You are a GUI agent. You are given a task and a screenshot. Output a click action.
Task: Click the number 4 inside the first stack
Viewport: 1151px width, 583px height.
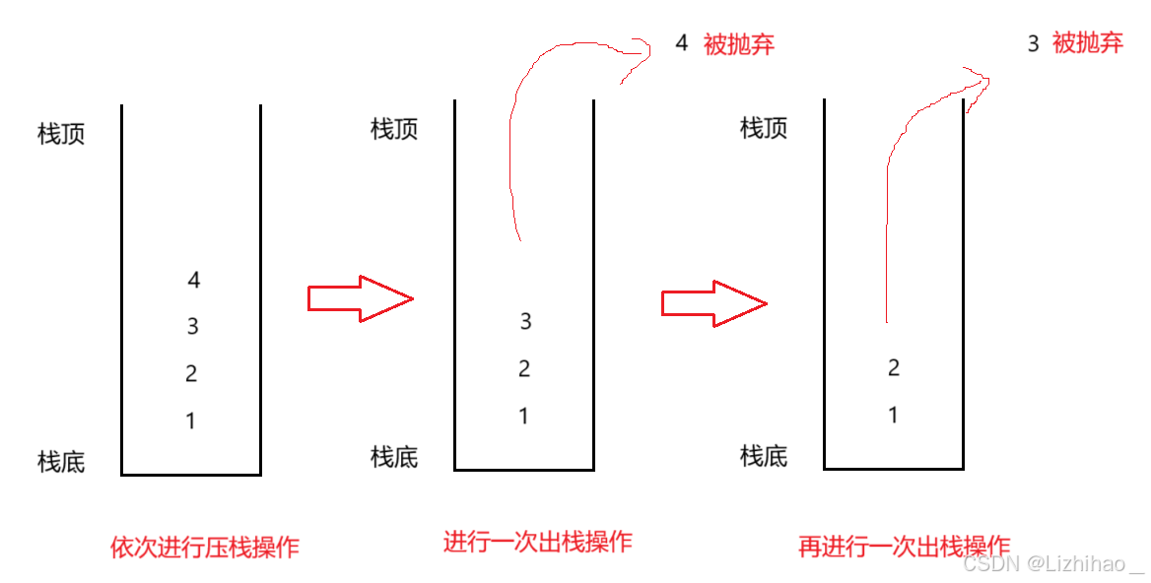point(194,280)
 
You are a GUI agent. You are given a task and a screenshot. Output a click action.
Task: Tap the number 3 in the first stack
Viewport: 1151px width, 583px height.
point(193,326)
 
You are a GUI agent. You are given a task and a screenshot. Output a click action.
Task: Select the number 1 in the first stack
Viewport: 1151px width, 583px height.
point(190,421)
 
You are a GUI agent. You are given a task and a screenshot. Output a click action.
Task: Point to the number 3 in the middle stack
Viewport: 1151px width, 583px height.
point(525,321)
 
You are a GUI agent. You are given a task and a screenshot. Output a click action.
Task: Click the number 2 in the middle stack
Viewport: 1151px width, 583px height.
point(524,369)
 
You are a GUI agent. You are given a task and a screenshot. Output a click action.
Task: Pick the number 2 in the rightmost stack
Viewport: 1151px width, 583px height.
point(894,368)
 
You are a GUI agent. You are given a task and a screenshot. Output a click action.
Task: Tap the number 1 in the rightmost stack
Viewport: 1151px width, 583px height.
point(893,416)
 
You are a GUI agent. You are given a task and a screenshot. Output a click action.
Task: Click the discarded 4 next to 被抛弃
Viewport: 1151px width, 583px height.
point(681,43)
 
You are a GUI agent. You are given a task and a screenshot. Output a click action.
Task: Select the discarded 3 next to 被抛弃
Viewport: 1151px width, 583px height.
point(1033,44)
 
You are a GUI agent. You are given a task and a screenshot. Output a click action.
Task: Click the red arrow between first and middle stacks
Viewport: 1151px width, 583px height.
point(360,297)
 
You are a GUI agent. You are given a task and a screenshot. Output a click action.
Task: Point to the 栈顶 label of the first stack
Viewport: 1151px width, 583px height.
point(61,134)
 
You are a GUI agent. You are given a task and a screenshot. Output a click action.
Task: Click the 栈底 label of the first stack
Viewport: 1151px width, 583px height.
point(61,461)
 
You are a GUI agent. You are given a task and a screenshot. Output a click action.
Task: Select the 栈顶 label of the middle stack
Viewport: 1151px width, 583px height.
point(394,129)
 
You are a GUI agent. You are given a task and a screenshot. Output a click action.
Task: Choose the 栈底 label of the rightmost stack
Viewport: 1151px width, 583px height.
point(764,455)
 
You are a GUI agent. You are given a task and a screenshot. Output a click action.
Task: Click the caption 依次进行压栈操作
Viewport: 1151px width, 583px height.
point(204,548)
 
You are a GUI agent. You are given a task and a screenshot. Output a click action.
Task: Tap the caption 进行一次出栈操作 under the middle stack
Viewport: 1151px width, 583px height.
point(537,542)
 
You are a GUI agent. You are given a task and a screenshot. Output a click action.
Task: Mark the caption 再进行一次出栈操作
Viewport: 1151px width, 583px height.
point(904,547)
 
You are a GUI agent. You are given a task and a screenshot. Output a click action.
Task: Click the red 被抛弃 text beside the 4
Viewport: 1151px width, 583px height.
point(739,44)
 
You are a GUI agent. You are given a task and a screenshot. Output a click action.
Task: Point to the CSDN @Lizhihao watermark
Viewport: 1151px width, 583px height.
point(1053,564)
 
